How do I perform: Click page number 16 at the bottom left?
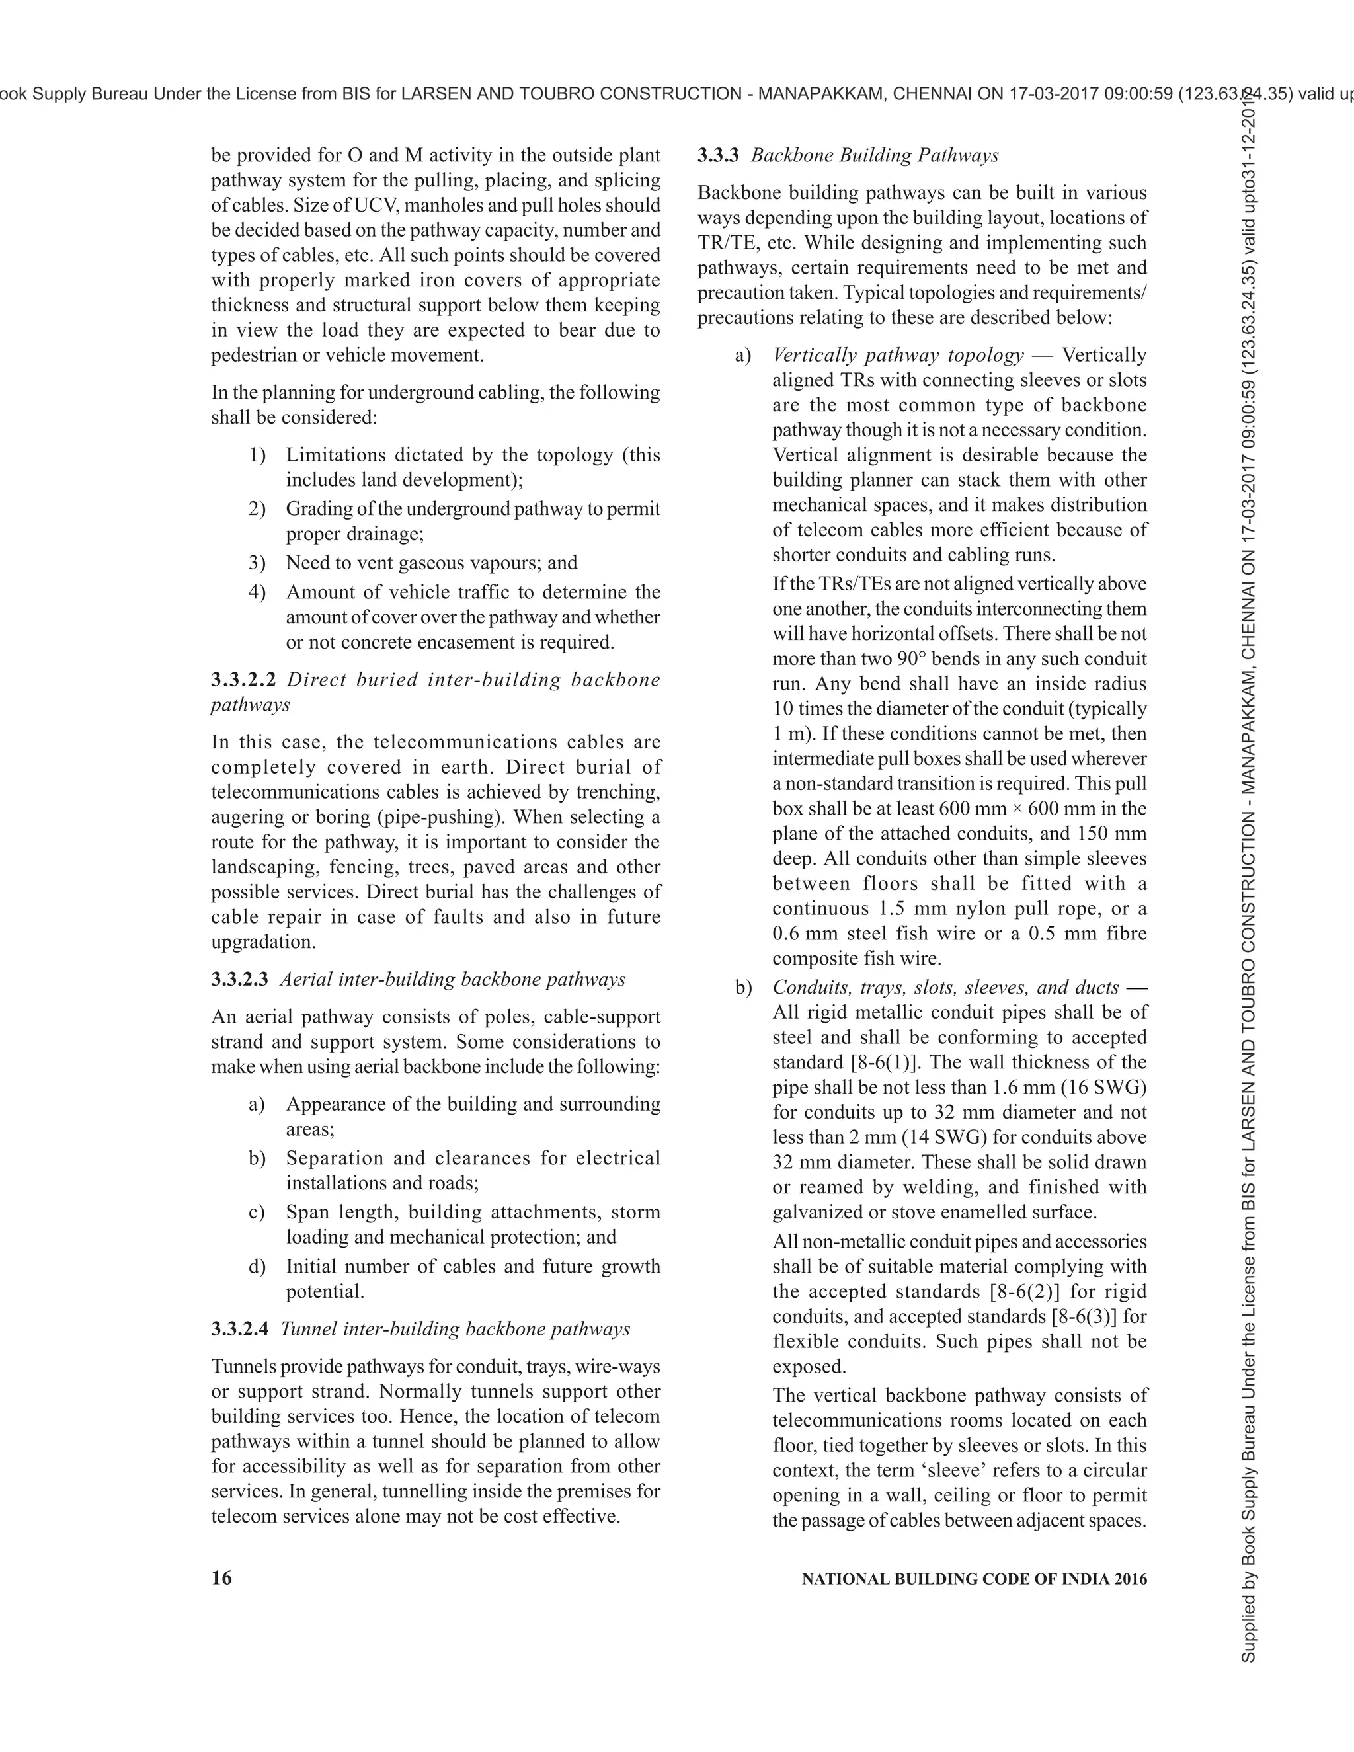tap(221, 1578)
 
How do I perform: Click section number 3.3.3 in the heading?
tap(718, 155)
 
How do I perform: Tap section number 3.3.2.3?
tap(239, 980)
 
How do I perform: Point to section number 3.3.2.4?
tap(239, 1330)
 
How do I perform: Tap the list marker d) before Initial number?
tap(257, 1267)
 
